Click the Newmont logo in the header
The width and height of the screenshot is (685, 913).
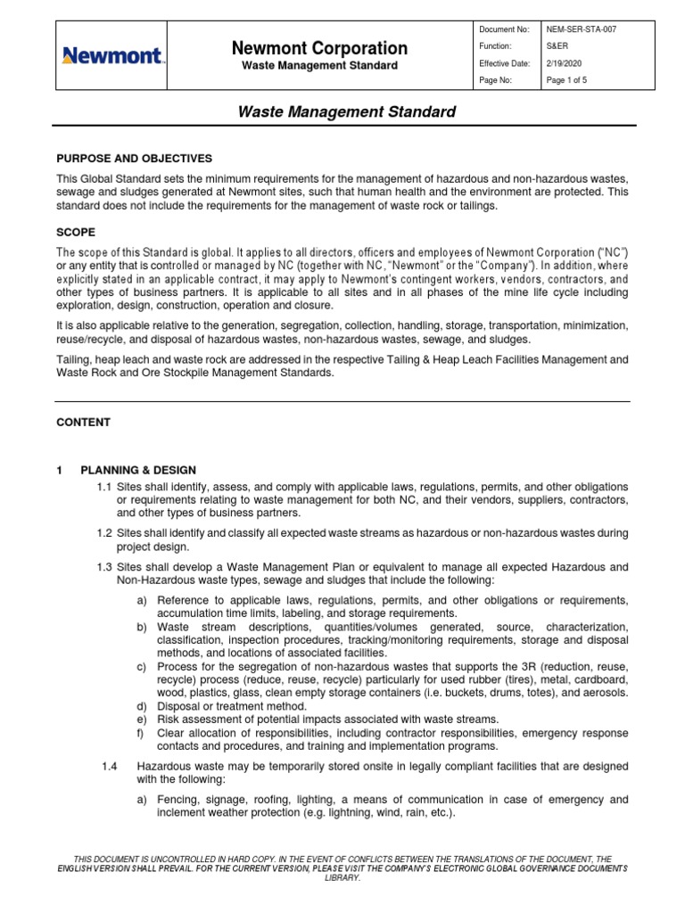(x=111, y=56)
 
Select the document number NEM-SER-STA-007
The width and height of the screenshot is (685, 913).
(x=581, y=29)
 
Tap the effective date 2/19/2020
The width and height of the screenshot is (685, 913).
(x=564, y=63)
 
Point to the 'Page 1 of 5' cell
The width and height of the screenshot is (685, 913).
(x=566, y=80)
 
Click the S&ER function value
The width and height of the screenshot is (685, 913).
(x=558, y=45)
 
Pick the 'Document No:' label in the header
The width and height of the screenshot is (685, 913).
(x=504, y=29)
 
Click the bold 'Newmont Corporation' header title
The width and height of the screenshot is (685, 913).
(x=320, y=48)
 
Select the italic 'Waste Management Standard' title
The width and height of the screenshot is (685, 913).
(x=346, y=112)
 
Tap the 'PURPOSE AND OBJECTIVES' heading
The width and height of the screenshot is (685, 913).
(x=135, y=158)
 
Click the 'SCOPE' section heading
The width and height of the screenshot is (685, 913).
(x=76, y=232)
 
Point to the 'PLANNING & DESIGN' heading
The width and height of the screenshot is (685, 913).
(x=138, y=470)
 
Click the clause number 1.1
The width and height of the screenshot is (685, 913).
(x=104, y=487)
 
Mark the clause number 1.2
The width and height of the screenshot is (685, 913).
(x=104, y=533)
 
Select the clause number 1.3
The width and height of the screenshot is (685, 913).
(x=104, y=567)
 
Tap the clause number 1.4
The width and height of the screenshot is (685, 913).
(x=111, y=767)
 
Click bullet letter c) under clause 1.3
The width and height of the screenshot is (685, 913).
(x=142, y=667)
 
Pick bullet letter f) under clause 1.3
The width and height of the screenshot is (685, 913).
(x=141, y=733)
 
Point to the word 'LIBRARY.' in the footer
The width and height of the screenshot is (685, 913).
(x=342, y=877)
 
